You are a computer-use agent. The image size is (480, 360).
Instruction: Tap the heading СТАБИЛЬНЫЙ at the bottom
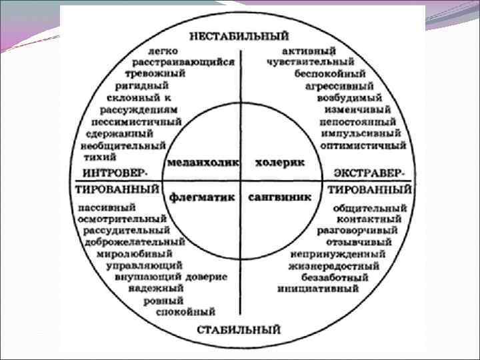[239, 329]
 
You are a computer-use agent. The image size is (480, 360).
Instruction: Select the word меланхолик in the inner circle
[201, 161]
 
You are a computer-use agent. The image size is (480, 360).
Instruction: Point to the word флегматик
[203, 197]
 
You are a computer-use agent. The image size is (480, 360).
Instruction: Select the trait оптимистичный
[363, 144]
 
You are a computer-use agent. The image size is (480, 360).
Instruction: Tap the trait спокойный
[185, 311]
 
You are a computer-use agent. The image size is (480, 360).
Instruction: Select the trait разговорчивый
[357, 230]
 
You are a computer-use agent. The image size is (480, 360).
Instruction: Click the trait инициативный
[318, 289]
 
